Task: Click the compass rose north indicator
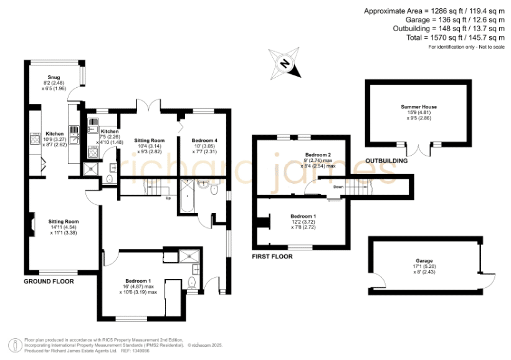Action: [285, 64]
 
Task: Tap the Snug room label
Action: [54, 77]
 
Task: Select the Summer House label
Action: [419, 107]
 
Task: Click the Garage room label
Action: [424, 260]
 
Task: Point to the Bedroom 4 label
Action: [204, 140]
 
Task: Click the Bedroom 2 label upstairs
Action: [318, 154]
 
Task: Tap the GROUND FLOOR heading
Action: [49, 282]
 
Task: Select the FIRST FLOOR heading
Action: [272, 257]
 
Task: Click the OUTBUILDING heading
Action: [386, 161]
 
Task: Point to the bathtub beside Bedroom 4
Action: [188, 196]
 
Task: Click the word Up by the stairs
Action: [168, 198]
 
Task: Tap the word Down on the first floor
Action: [338, 187]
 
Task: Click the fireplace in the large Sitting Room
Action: [31, 224]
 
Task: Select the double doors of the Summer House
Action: [418, 149]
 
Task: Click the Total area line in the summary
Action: [456, 37]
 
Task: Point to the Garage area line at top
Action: [455, 20]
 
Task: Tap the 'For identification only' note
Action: [466, 47]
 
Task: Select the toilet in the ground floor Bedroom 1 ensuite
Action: [192, 283]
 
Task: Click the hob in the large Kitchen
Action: [34, 139]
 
